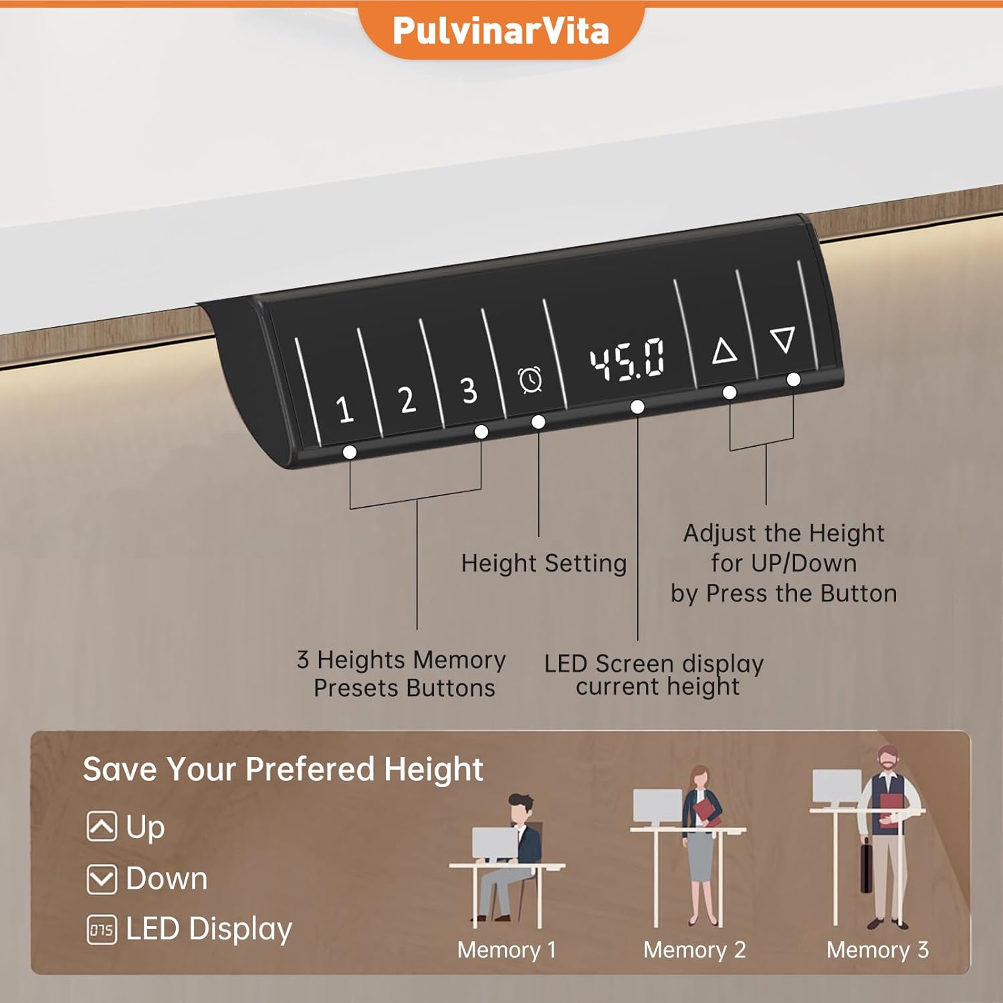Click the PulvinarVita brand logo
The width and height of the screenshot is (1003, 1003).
point(501,31)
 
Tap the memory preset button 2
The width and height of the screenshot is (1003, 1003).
point(407,400)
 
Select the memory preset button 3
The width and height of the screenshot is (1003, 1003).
point(469,391)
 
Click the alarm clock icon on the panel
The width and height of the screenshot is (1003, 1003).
point(530,380)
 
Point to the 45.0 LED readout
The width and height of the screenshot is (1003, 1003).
point(627,359)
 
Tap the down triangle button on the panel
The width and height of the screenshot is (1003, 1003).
point(782,340)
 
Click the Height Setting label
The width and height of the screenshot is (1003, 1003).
point(544,563)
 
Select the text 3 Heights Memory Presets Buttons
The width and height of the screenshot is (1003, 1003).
point(402,673)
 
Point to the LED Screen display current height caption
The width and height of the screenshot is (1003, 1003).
point(654,675)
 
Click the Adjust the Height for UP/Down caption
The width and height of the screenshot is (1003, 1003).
point(784,563)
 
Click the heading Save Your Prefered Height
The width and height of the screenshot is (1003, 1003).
point(283,769)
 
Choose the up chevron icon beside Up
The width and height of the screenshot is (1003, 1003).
point(102,826)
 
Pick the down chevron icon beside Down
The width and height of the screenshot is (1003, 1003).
point(102,879)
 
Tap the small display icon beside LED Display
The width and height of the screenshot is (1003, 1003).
point(102,929)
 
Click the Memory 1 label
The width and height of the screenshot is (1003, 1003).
point(506,950)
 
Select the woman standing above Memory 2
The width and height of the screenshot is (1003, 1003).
point(701,843)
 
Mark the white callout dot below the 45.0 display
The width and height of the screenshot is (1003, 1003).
point(637,407)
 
